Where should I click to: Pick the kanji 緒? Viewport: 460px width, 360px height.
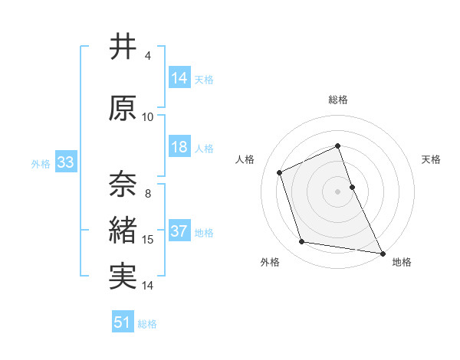tap(123, 231)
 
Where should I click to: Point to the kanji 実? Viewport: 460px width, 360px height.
tap(123, 276)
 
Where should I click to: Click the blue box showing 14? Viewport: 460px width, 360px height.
tap(179, 78)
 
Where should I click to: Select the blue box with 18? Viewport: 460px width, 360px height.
tap(179, 148)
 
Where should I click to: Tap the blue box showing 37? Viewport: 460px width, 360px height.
tap(179, 232)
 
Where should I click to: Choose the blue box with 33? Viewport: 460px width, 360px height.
tap(65, 162)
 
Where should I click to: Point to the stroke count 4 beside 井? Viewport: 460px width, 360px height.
tap(148, 56)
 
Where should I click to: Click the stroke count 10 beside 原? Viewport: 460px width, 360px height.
tap(148, 117)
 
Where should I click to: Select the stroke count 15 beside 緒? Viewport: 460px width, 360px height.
tap(148, 241)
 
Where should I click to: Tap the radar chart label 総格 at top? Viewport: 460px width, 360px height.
tap(338, 100)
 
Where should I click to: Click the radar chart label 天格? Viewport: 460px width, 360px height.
tap(431, 159)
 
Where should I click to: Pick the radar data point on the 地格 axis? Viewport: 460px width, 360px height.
tap(383, 252)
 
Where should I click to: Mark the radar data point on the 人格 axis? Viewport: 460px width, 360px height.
tap(280, 172)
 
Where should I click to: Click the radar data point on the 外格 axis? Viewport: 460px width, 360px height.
tap(302, 242)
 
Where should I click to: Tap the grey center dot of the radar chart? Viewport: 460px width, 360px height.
tap(338, 191)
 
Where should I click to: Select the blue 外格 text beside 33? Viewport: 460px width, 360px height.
tap(40, 163)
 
